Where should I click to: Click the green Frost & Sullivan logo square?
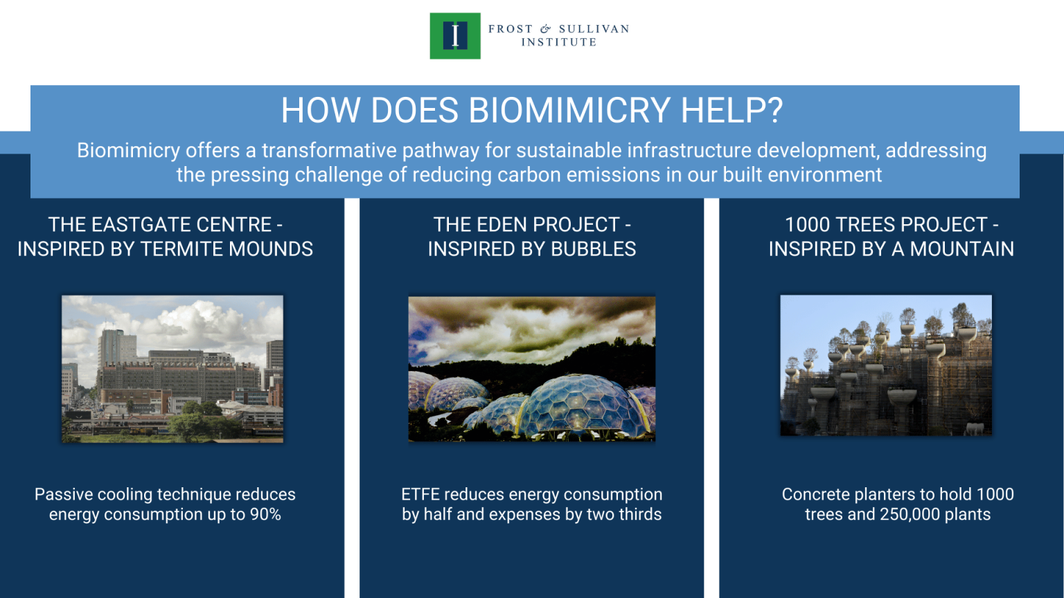click(x=454, y=35)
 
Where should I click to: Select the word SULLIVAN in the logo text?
click(x=594, y=29)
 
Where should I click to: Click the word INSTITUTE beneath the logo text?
click(x=558, y=42)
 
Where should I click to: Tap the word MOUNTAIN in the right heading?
click(x=961, y=249)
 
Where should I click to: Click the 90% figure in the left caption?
click(x=265, y=515)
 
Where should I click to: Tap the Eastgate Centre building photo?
click(x=172, y=369)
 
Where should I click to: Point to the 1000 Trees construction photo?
click(x=885, y=365)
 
